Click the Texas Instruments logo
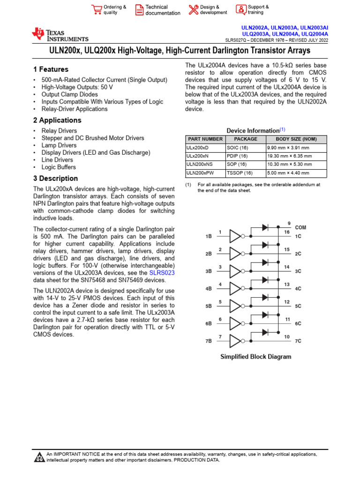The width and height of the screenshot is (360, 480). [60, 35]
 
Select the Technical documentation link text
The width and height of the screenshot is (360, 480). [162, 10]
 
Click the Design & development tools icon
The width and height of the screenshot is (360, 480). [193, 10]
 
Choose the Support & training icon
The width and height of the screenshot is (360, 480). [240, 10]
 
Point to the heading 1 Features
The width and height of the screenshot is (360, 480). [51, 69]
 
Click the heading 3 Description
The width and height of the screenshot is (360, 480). [55, 179]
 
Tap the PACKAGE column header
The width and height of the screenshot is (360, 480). [246, 139]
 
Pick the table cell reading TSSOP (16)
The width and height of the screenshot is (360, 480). [240, 173]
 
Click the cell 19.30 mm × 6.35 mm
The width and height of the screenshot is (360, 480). [288, 156]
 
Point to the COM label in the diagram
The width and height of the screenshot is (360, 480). [300, 227]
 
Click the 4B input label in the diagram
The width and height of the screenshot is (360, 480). [209, 289]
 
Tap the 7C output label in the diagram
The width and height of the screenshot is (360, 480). [298, 341]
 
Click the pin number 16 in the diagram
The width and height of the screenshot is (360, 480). [287, 232]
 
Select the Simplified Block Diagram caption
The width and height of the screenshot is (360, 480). [255, 357]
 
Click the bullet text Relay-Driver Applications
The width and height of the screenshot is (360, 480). [75, 109]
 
